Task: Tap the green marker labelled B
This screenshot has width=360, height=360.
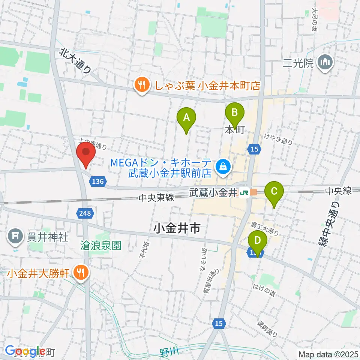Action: tap(234, 113)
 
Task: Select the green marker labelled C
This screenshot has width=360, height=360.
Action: tap(274, 192)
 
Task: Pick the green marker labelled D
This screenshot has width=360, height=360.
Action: tap(258, 240)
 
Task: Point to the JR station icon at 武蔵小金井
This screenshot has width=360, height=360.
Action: tap(244, 193)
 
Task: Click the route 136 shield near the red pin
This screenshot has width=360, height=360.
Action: tap(97, 181)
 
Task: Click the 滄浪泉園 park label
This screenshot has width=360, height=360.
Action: tap(101, 246)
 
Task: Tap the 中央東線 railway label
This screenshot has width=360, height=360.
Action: tap(156, 198)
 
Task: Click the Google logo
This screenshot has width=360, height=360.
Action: tap(25, 351)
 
